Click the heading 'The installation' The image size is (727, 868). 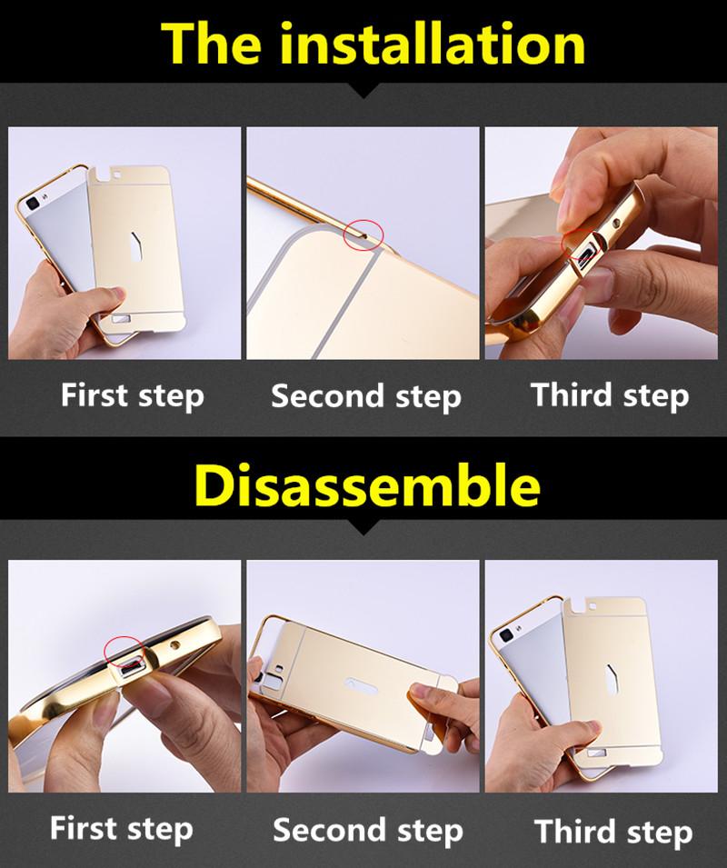pos(373,44)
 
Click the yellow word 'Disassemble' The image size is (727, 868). pos(367,485)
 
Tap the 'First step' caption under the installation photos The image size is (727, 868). pos(133,395)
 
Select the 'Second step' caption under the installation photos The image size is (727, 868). pos(365,396)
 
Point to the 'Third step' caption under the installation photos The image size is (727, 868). pos(610,395)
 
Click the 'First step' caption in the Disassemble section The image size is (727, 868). pos(121,829)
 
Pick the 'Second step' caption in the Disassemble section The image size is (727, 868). pos(368,831)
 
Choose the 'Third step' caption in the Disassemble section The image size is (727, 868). pos(613,833)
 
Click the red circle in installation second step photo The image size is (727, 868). pos(363,234)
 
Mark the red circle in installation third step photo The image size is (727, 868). pos(582,247)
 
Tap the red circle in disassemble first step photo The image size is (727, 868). pos(125,651)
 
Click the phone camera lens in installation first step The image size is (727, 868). pos(32,204)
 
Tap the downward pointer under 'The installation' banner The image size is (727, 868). pos(363,91)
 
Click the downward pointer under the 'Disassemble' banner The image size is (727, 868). pos(363,527)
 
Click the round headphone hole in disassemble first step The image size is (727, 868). pos(175,645)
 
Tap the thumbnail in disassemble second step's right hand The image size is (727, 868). pos(422,693)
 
